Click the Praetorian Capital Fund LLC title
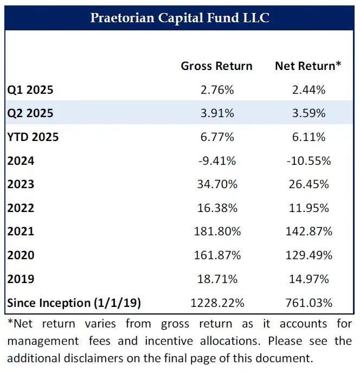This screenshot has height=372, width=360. coord(179,18)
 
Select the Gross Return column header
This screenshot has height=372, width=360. coord(216,66)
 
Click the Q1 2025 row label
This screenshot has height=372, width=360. coord(30,90)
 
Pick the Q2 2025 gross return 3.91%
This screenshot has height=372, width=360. coord(216,113)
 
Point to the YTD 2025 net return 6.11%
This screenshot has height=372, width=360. coord(308,137)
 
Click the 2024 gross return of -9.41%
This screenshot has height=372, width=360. coord(216,161)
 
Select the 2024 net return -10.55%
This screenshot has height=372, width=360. coord(308,161)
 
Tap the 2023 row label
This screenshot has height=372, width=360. coord(21,184)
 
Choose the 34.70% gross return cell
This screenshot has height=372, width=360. coord(216,184)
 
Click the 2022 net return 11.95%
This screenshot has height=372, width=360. coord(308,208)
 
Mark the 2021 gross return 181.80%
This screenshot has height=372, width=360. coord(216,232)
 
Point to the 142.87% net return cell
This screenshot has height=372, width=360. coord(308,232)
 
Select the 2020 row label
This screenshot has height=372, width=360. coord(21,255)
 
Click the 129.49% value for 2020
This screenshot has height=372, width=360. coord(308,255)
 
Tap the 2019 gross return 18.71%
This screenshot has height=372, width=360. coord(216,279)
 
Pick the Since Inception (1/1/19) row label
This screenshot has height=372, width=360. coord(74,303)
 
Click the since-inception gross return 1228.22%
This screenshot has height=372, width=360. coord(216,303)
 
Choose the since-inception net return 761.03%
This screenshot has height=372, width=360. coord(308,303)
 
